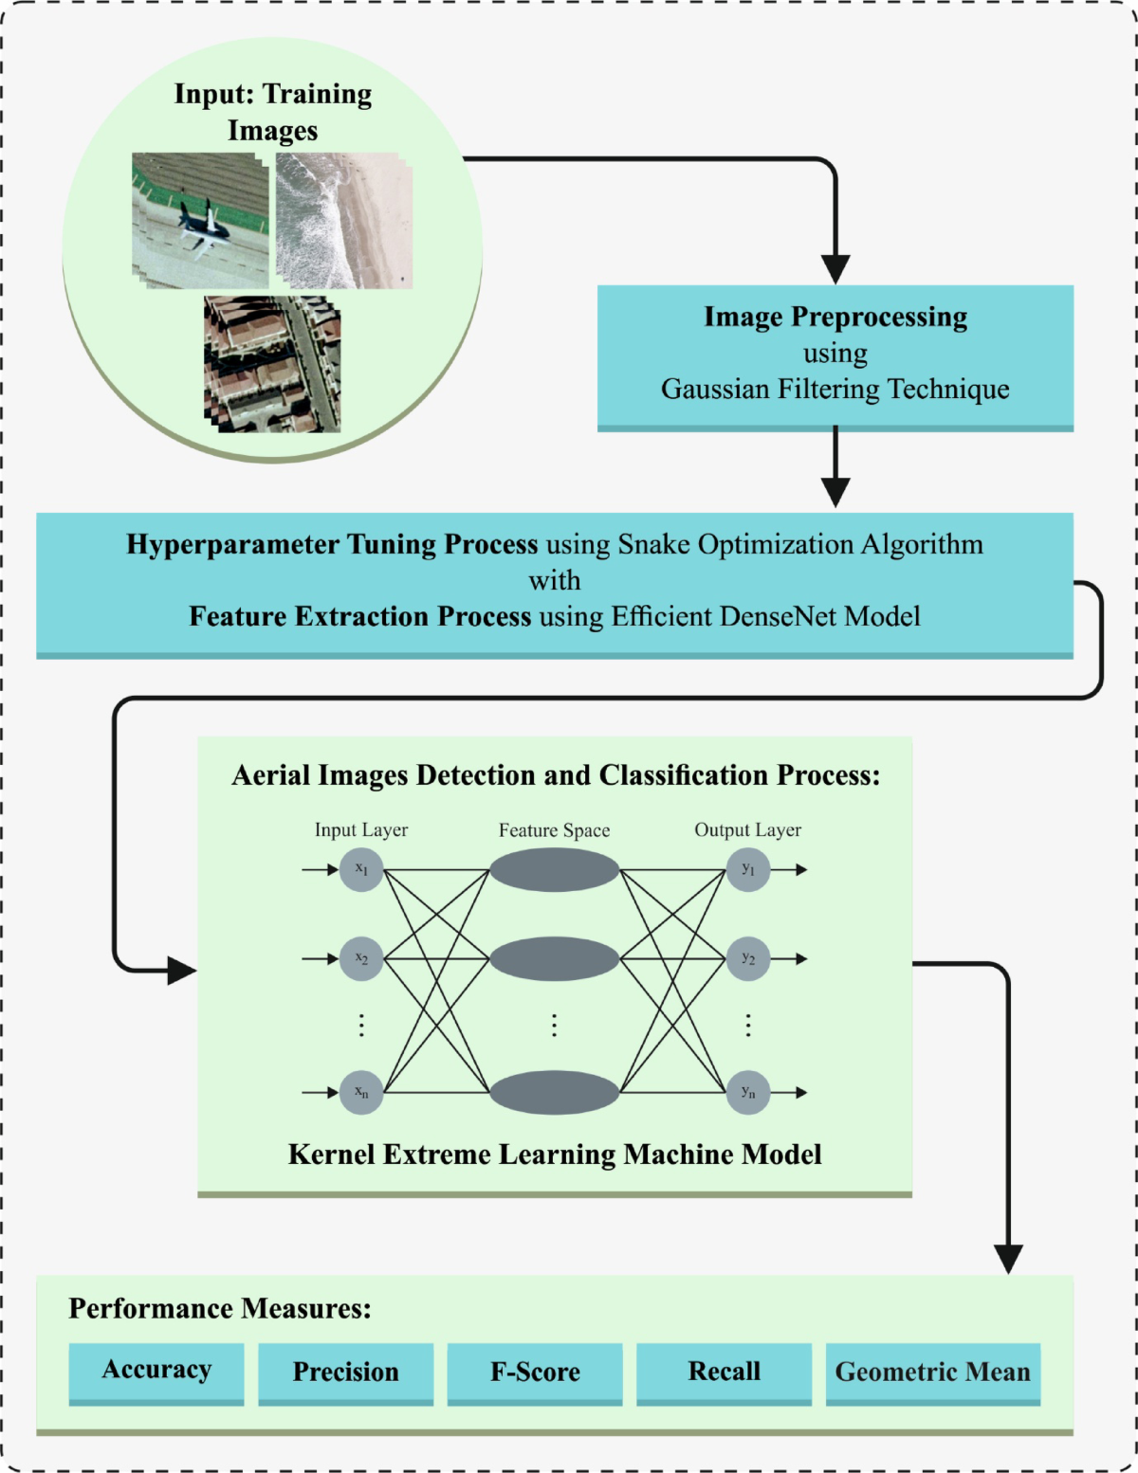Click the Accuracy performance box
(156, 1371)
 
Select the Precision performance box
(345, 1372)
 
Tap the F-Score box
(535, 1372)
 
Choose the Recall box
(724, 1372)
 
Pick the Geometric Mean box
(932, 1372)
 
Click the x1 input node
(361, 869)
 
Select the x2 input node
(361, 958)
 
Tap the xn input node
(361, 1092)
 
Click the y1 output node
(748, 869)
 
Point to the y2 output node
(748, 958)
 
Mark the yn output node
(748, 1092)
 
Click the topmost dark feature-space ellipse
(555, 869)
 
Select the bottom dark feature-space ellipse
(555, 1092)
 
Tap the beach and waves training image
(343, 221)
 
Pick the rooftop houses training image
(272, 365)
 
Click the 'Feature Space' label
(555, 830)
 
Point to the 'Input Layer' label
(361, 830)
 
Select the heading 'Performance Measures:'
(220, 1309)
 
